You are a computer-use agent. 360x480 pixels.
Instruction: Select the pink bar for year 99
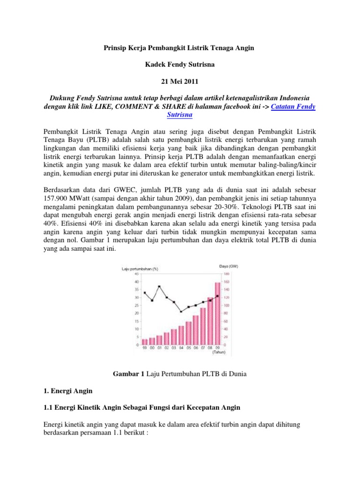pyautogui.click(x=145, y=342)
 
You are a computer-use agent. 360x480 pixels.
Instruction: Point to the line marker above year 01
pyautogui.click(x=159, y=286)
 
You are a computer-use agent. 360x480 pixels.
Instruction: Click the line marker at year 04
pyautogui.click(x=181, y=311)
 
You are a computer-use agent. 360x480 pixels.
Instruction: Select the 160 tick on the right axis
pyautogui.click(x=226, y=282)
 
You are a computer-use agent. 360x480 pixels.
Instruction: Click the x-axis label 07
pyautogui.click(x=203, y=348)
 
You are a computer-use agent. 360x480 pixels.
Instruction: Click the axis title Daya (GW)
pyautogui.click(x=229, y=266)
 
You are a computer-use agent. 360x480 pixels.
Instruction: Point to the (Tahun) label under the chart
pyautogui.click(x=219, y=352)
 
